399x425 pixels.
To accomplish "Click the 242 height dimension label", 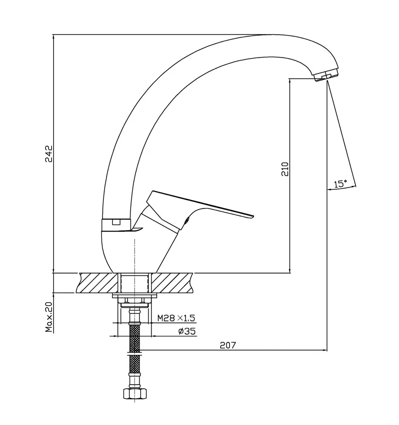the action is (x=49, y=154).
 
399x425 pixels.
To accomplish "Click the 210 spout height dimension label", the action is (x=284, y=169).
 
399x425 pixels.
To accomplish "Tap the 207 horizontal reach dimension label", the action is (x=228, y=345).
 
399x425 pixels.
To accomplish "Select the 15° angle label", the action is (x=341, y=184).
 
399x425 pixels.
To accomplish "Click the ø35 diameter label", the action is (x=187, y=331).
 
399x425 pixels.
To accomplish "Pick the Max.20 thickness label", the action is (x=49, y=317).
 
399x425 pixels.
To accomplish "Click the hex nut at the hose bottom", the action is (x=135, y=393).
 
